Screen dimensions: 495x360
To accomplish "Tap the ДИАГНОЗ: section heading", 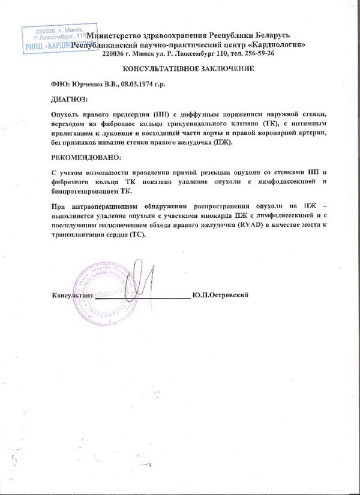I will tap(70, 98).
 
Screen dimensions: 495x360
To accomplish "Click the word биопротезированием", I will tap(83, 192).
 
